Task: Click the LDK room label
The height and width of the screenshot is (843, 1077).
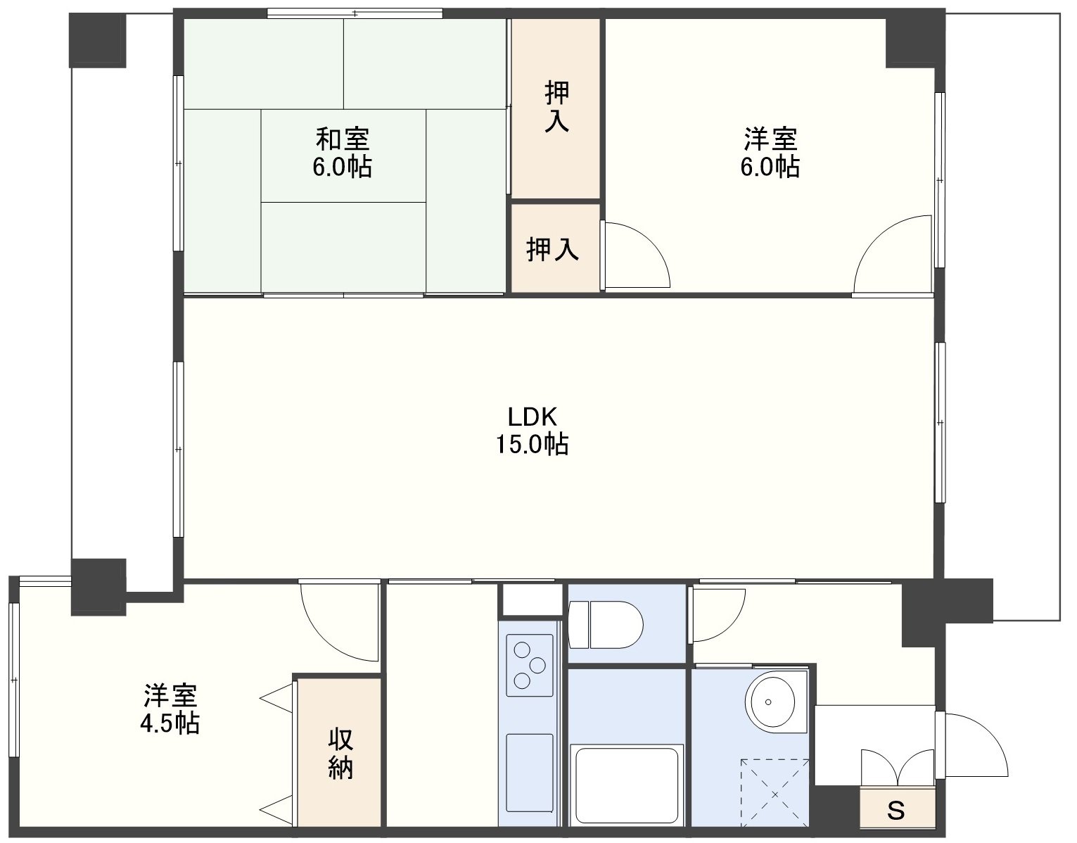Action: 533,417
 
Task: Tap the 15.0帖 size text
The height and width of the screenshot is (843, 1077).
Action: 533,444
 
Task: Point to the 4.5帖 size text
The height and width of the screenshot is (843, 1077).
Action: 170,723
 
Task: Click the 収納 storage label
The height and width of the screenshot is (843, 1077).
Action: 340,754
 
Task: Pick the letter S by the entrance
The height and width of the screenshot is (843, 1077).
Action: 896,811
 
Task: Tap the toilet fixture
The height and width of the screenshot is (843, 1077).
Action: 605,624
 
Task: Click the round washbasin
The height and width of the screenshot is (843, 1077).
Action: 772,702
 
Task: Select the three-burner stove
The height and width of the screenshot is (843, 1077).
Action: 529,665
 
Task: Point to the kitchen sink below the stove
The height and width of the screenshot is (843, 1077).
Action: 529,773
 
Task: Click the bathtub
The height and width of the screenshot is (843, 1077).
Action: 627,785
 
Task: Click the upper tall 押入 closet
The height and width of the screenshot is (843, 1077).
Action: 556,108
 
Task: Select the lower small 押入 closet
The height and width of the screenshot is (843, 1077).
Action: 555,248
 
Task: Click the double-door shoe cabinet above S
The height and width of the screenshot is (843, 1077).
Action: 898,768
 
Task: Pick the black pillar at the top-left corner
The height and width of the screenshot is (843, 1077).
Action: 98,40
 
